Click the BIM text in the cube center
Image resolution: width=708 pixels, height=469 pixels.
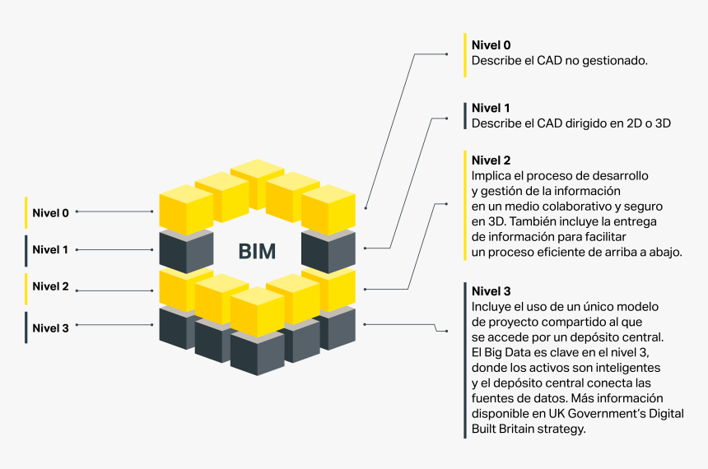(x=257, y=251)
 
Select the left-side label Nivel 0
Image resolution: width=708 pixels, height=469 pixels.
(x=50, y=212)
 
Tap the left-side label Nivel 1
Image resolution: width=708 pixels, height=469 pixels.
(x=50, y=249)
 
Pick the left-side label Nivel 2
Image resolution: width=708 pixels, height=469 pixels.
(x=50, y=286)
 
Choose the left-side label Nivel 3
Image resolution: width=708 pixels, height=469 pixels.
(x=50, y=327)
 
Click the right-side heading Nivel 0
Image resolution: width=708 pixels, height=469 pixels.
(x=491, y=44)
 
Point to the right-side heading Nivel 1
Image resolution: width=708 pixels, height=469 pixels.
(x=491, y=108)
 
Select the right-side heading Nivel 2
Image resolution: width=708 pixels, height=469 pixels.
(x=491, y=160)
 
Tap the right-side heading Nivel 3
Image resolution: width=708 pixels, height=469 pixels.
(x=491, y=291)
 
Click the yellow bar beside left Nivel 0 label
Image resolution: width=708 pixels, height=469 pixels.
(x=26, y=212)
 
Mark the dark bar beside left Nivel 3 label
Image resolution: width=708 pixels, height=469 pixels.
(x=26, y=327)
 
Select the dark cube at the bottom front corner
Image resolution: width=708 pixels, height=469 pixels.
(x=257, y=352)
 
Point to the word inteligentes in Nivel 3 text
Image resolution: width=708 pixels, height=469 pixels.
(x=628, y=367)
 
